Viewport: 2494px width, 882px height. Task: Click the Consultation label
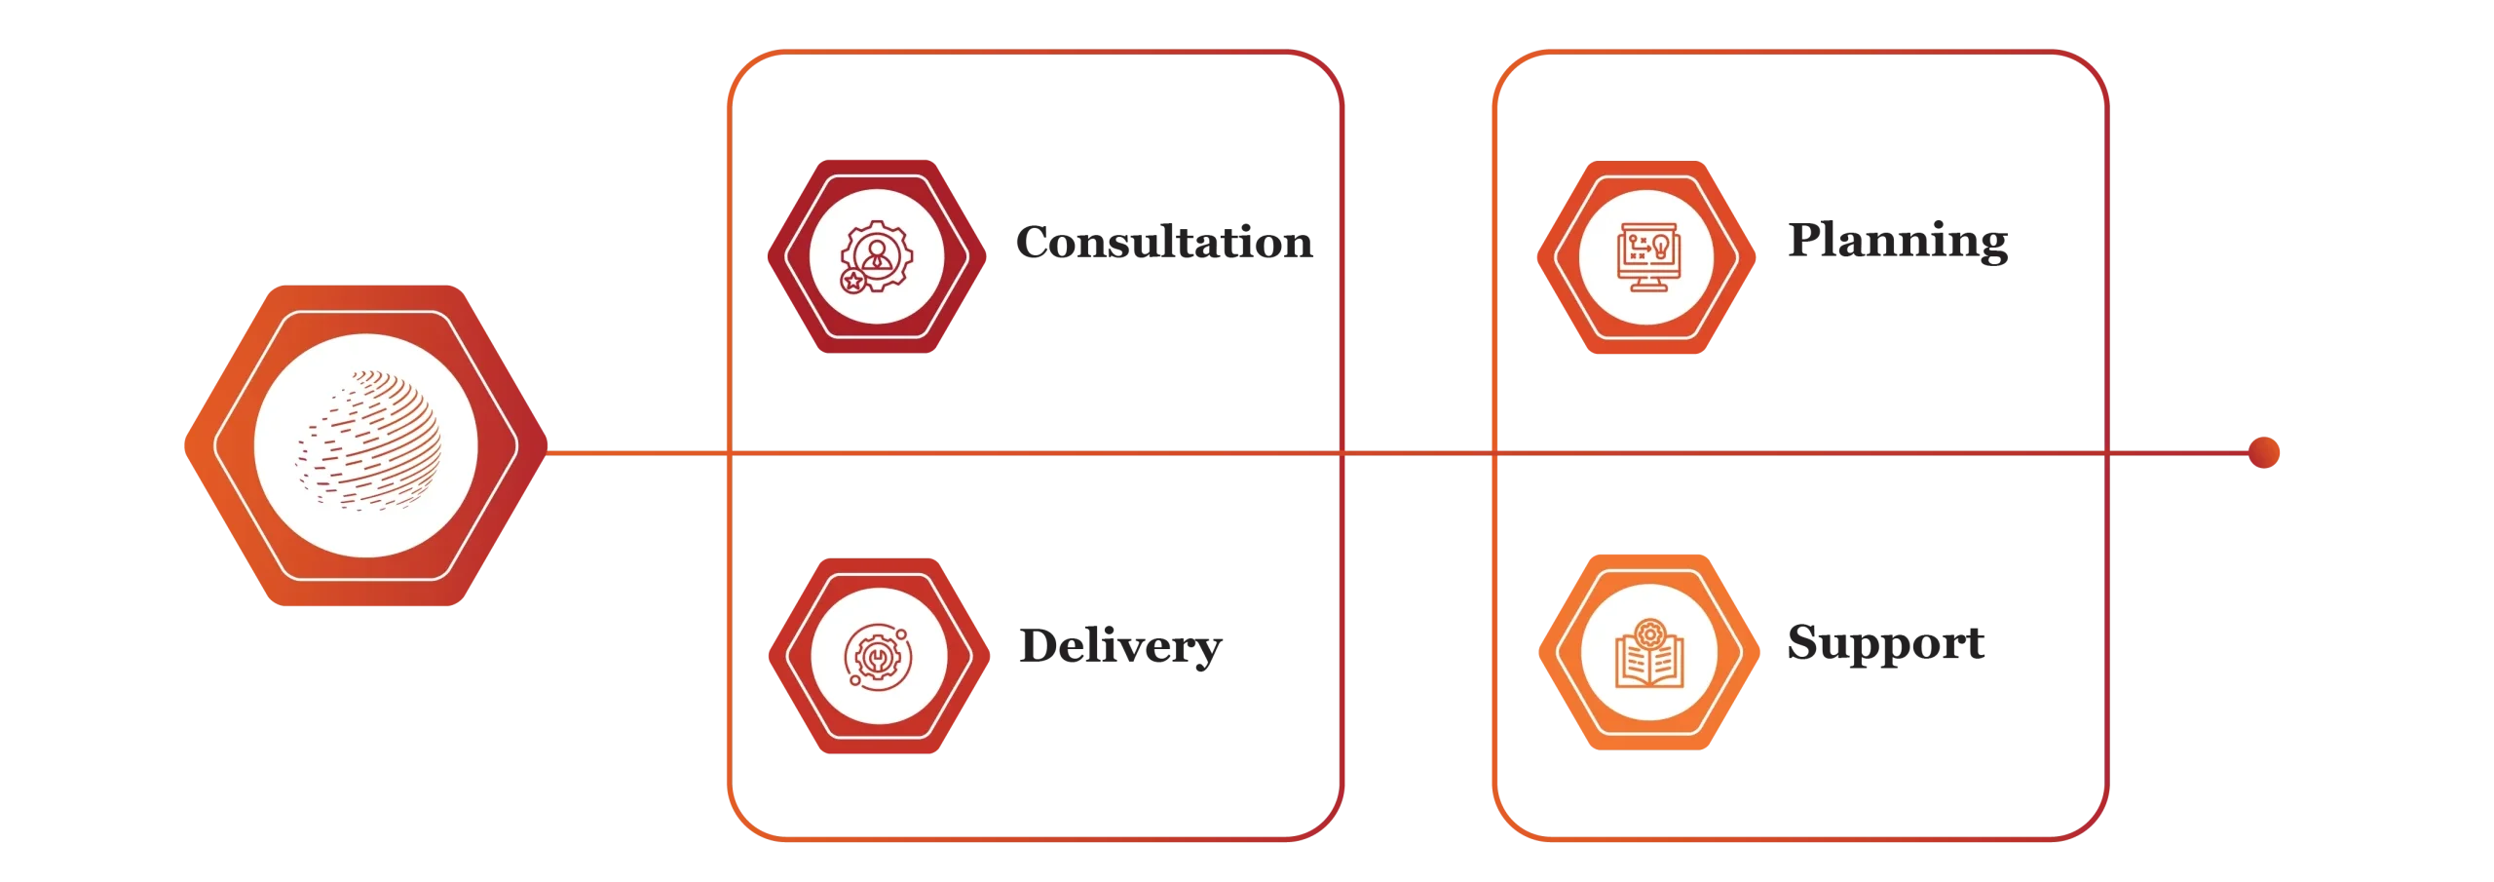[x=1164, y=243]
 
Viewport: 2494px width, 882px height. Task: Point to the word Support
[x=1884, y=644]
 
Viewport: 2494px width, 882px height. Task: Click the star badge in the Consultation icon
[x=853, y=282]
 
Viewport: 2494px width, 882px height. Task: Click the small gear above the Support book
[x=1648, y=634]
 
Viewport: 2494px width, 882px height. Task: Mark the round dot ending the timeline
[x=2265, y=453]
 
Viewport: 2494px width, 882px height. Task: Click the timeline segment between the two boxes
[x=1417, y=453]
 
